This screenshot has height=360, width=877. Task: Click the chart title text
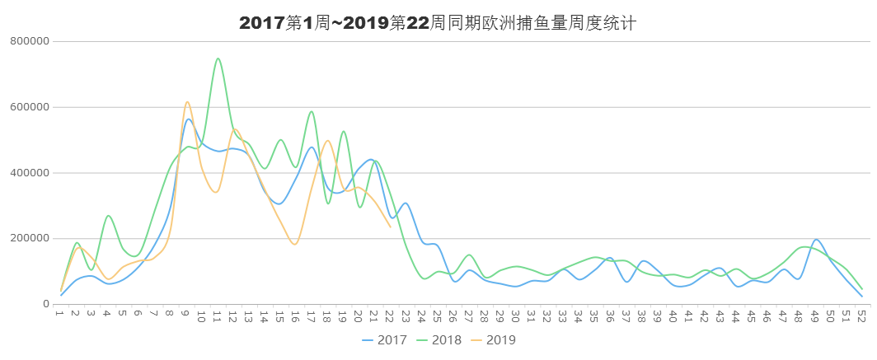coord(437,23)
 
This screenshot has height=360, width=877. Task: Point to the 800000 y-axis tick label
coord(30,41)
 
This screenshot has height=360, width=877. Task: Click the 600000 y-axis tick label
coord(30,107)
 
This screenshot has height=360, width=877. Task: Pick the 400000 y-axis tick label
coord(30,173)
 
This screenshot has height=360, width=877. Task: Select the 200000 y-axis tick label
coord(30,239)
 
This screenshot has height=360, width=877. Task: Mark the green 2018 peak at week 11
coord(218,58)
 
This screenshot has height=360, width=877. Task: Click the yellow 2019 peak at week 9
coord(187,101)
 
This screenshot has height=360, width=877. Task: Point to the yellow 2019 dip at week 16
coord(295,244)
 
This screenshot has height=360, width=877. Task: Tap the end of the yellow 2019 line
coord(390,227)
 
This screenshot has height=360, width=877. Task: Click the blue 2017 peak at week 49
coord(816,240)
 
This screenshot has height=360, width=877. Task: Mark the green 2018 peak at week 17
coord(312,112)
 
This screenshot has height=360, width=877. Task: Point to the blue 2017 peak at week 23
coord(405,203)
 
